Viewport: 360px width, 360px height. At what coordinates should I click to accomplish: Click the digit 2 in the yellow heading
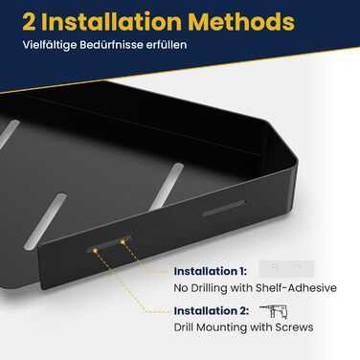click(x=29, y=22)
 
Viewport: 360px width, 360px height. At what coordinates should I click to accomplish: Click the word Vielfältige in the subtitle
click(x=50, y=45)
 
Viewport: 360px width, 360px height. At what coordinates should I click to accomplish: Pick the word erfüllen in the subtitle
click(x=167, y=45)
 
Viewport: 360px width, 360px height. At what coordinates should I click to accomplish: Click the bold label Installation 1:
click(x=211, y=272)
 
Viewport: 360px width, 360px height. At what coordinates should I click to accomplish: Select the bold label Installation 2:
click(x=212, y=311)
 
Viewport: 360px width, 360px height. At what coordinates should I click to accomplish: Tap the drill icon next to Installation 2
click(x=274, y=311)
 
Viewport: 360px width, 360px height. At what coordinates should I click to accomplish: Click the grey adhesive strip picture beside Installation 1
click(x=287, y=269)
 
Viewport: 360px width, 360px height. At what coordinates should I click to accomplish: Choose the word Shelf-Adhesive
click(x=296, y=288)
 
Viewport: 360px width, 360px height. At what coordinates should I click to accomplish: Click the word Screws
click(x=294, y=327)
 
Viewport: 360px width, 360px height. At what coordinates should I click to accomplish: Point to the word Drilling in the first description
click(x=210, y=288)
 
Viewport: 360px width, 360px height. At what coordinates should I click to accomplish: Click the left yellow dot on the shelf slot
click(x=95, y=251)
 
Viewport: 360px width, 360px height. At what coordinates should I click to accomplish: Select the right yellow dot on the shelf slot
click(x=123, y=242)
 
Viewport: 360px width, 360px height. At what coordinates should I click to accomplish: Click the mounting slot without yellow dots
click(x=224, y=209)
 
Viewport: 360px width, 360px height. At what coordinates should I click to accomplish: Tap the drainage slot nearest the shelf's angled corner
click(x=167, y=186)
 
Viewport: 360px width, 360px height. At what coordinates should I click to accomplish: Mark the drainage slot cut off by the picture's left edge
click(x=9, y=134)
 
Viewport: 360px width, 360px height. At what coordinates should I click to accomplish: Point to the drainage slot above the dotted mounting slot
click(x=45, y=221)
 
